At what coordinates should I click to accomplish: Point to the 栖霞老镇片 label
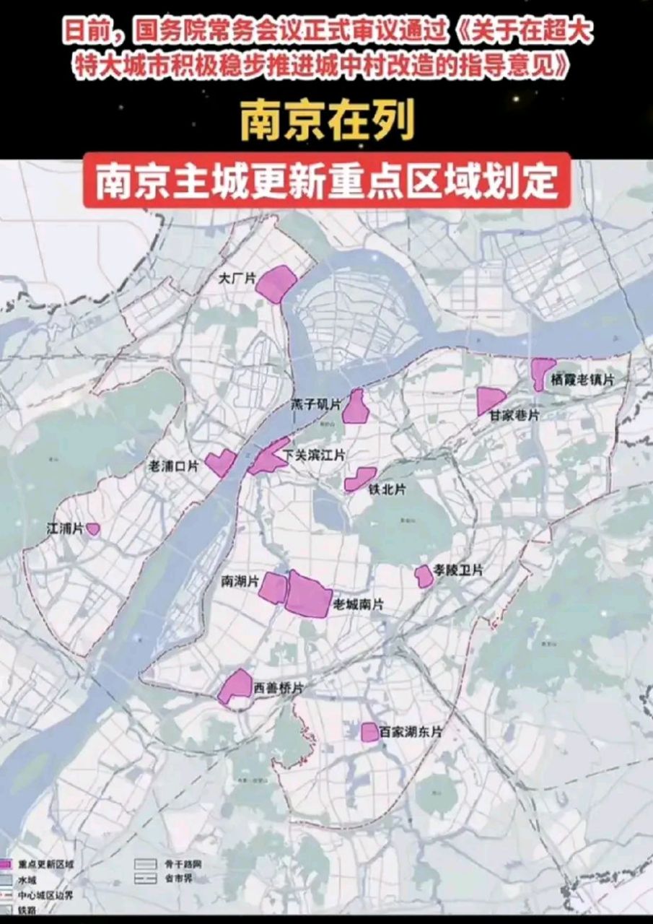582,380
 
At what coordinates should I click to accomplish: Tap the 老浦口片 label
172,466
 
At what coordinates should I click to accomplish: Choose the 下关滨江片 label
315,456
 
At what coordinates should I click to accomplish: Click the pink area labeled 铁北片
359,479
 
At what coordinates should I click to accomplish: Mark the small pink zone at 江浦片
93,528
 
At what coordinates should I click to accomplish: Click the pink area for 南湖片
273,588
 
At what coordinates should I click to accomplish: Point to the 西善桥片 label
278,689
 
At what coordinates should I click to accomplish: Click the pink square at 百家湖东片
369,732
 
